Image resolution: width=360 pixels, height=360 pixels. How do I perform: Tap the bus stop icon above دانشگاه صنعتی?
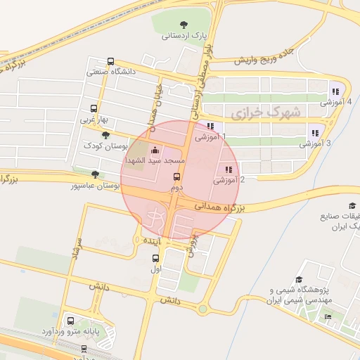[110, 61]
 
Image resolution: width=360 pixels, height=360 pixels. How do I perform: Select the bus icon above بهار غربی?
[94, 109]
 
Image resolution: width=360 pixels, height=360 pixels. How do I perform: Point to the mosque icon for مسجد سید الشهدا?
[155, 150]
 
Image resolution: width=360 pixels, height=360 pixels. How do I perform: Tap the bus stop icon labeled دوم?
[176, 177]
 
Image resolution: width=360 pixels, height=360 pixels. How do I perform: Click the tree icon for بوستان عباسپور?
[96, 174]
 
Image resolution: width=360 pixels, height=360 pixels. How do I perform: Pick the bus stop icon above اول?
[156, 258]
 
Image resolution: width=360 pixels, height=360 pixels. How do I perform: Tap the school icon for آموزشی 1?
[209, 127]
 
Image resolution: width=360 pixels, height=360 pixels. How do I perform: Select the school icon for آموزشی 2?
[228, 169]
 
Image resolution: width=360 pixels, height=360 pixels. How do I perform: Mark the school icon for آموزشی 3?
[316, 132]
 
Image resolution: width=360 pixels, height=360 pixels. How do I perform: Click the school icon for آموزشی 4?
[335, 90]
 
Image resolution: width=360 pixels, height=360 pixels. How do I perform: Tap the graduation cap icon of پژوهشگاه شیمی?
[300, 279]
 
